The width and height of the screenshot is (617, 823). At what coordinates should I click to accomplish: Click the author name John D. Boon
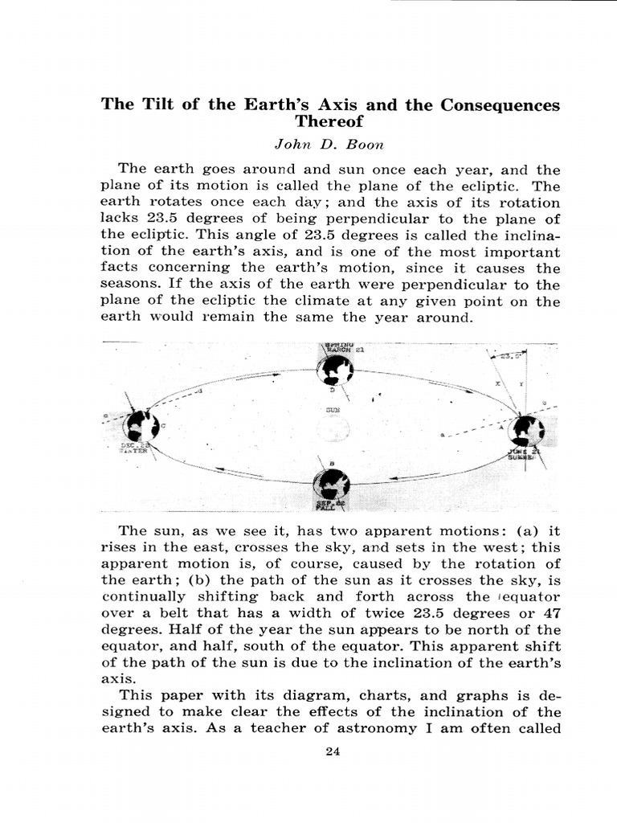(x=330, y=145)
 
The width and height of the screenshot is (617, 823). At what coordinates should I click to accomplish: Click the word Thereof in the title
(x=330, y=122)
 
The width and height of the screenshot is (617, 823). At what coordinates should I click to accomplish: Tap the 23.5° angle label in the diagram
(x=511, y=354)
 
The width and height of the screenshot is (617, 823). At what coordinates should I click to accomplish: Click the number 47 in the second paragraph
(x=551, y=613)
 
